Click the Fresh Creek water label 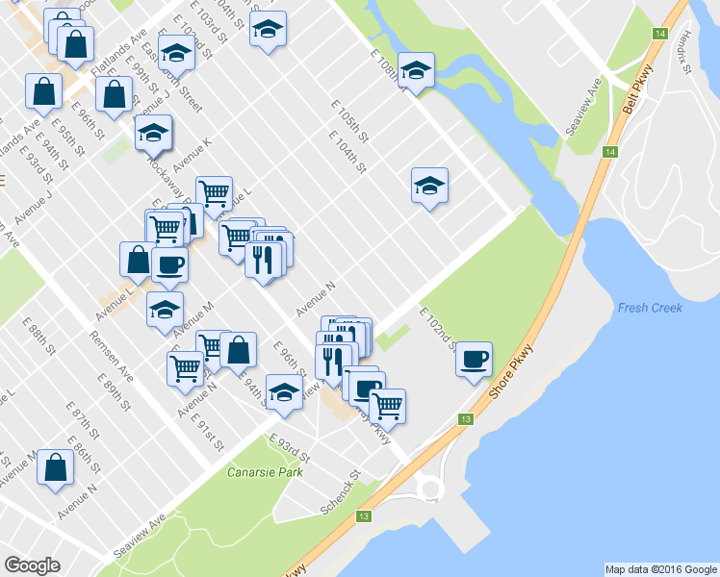click(x=651, y=308)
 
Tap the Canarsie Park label click(x=266, y=472)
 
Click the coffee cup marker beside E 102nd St click(x=474, y=360)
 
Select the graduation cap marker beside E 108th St click(x=416, y=70)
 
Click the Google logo click(x=33, y=565)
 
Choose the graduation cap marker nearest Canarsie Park click(x=284, y=393)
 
